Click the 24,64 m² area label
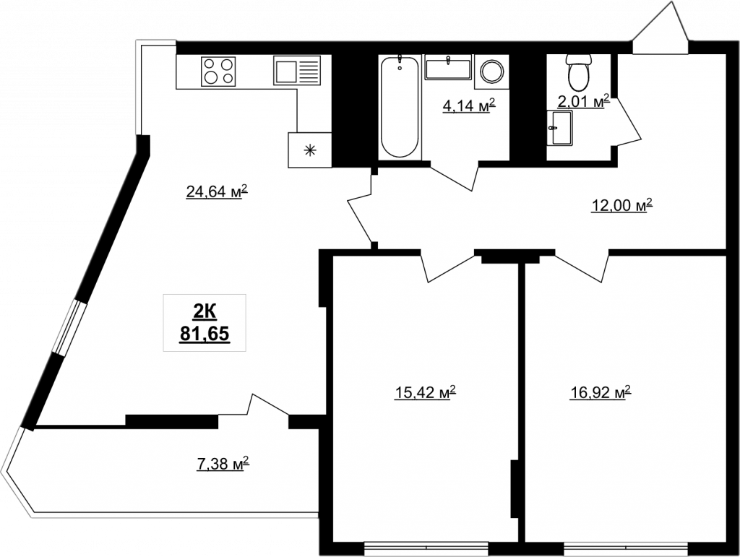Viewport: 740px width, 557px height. point(217,191)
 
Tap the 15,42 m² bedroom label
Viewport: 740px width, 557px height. point(425,392)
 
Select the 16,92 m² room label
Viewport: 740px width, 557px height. point(601,392)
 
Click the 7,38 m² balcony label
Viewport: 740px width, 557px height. point(223,464)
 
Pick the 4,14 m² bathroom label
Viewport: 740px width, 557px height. point(468,106)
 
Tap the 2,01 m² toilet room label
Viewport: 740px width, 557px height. point(583,101)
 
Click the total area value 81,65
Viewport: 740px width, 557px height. point(205,334)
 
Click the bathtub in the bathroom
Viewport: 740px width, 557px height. point(400,107)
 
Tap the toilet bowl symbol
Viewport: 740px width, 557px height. point(579,72)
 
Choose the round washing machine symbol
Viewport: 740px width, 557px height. point(491,72)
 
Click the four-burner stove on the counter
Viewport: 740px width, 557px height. point(218,72)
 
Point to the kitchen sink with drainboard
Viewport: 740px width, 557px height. point(297,70)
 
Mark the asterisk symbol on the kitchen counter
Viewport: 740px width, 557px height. point(309,151)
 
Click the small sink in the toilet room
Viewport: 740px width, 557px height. point(560,129)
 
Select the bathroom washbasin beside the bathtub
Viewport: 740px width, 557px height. point(448,67)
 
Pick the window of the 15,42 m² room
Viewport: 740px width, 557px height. point(426,548)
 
